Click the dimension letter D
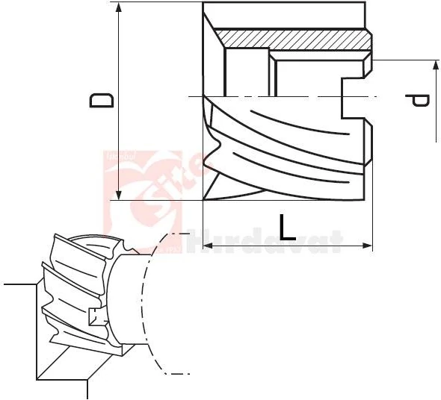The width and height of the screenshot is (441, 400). [102, 100]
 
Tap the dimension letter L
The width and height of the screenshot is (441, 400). [287, 227]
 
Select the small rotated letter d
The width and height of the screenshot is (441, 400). [420, 100]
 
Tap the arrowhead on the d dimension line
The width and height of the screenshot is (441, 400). [435, 67]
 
